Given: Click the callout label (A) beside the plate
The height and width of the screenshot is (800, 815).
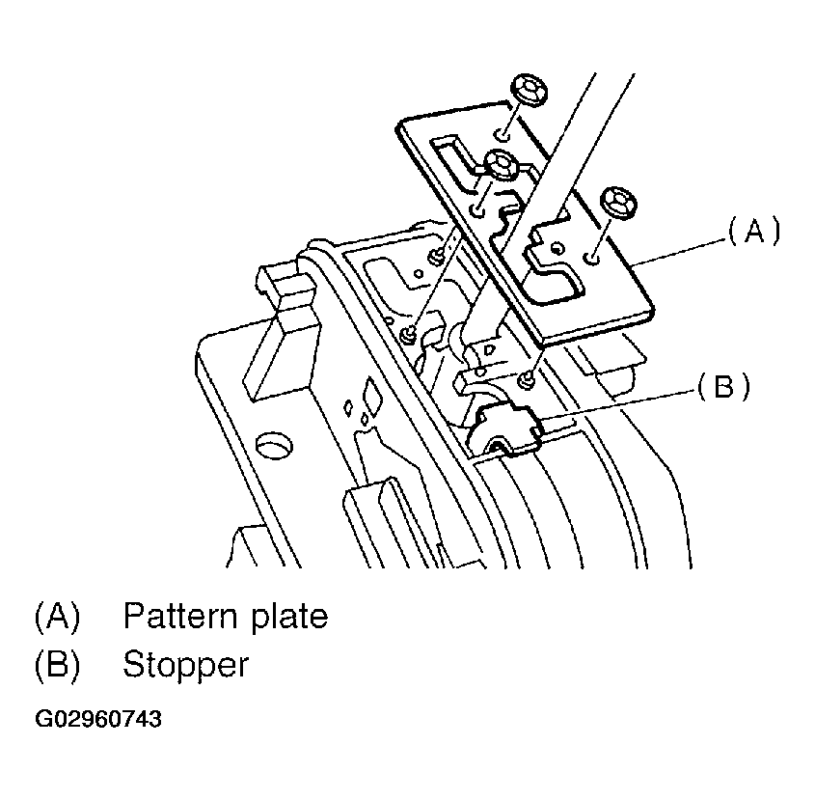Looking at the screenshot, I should coord(752,232).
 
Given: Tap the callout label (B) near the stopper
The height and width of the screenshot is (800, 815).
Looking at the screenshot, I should coord(724,388).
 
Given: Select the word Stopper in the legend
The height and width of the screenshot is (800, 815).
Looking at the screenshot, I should coord(185,665).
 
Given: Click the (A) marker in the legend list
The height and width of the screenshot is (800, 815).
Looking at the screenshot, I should coord(57,616).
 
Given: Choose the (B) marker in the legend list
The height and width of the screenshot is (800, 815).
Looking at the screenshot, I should coord(57,665).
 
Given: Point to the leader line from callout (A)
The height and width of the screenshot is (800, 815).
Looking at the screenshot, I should coord(680,247).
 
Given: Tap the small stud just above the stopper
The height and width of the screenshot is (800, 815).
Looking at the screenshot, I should coord(527,379).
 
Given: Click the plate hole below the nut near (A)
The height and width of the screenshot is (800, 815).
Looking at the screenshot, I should coord(595,257).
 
